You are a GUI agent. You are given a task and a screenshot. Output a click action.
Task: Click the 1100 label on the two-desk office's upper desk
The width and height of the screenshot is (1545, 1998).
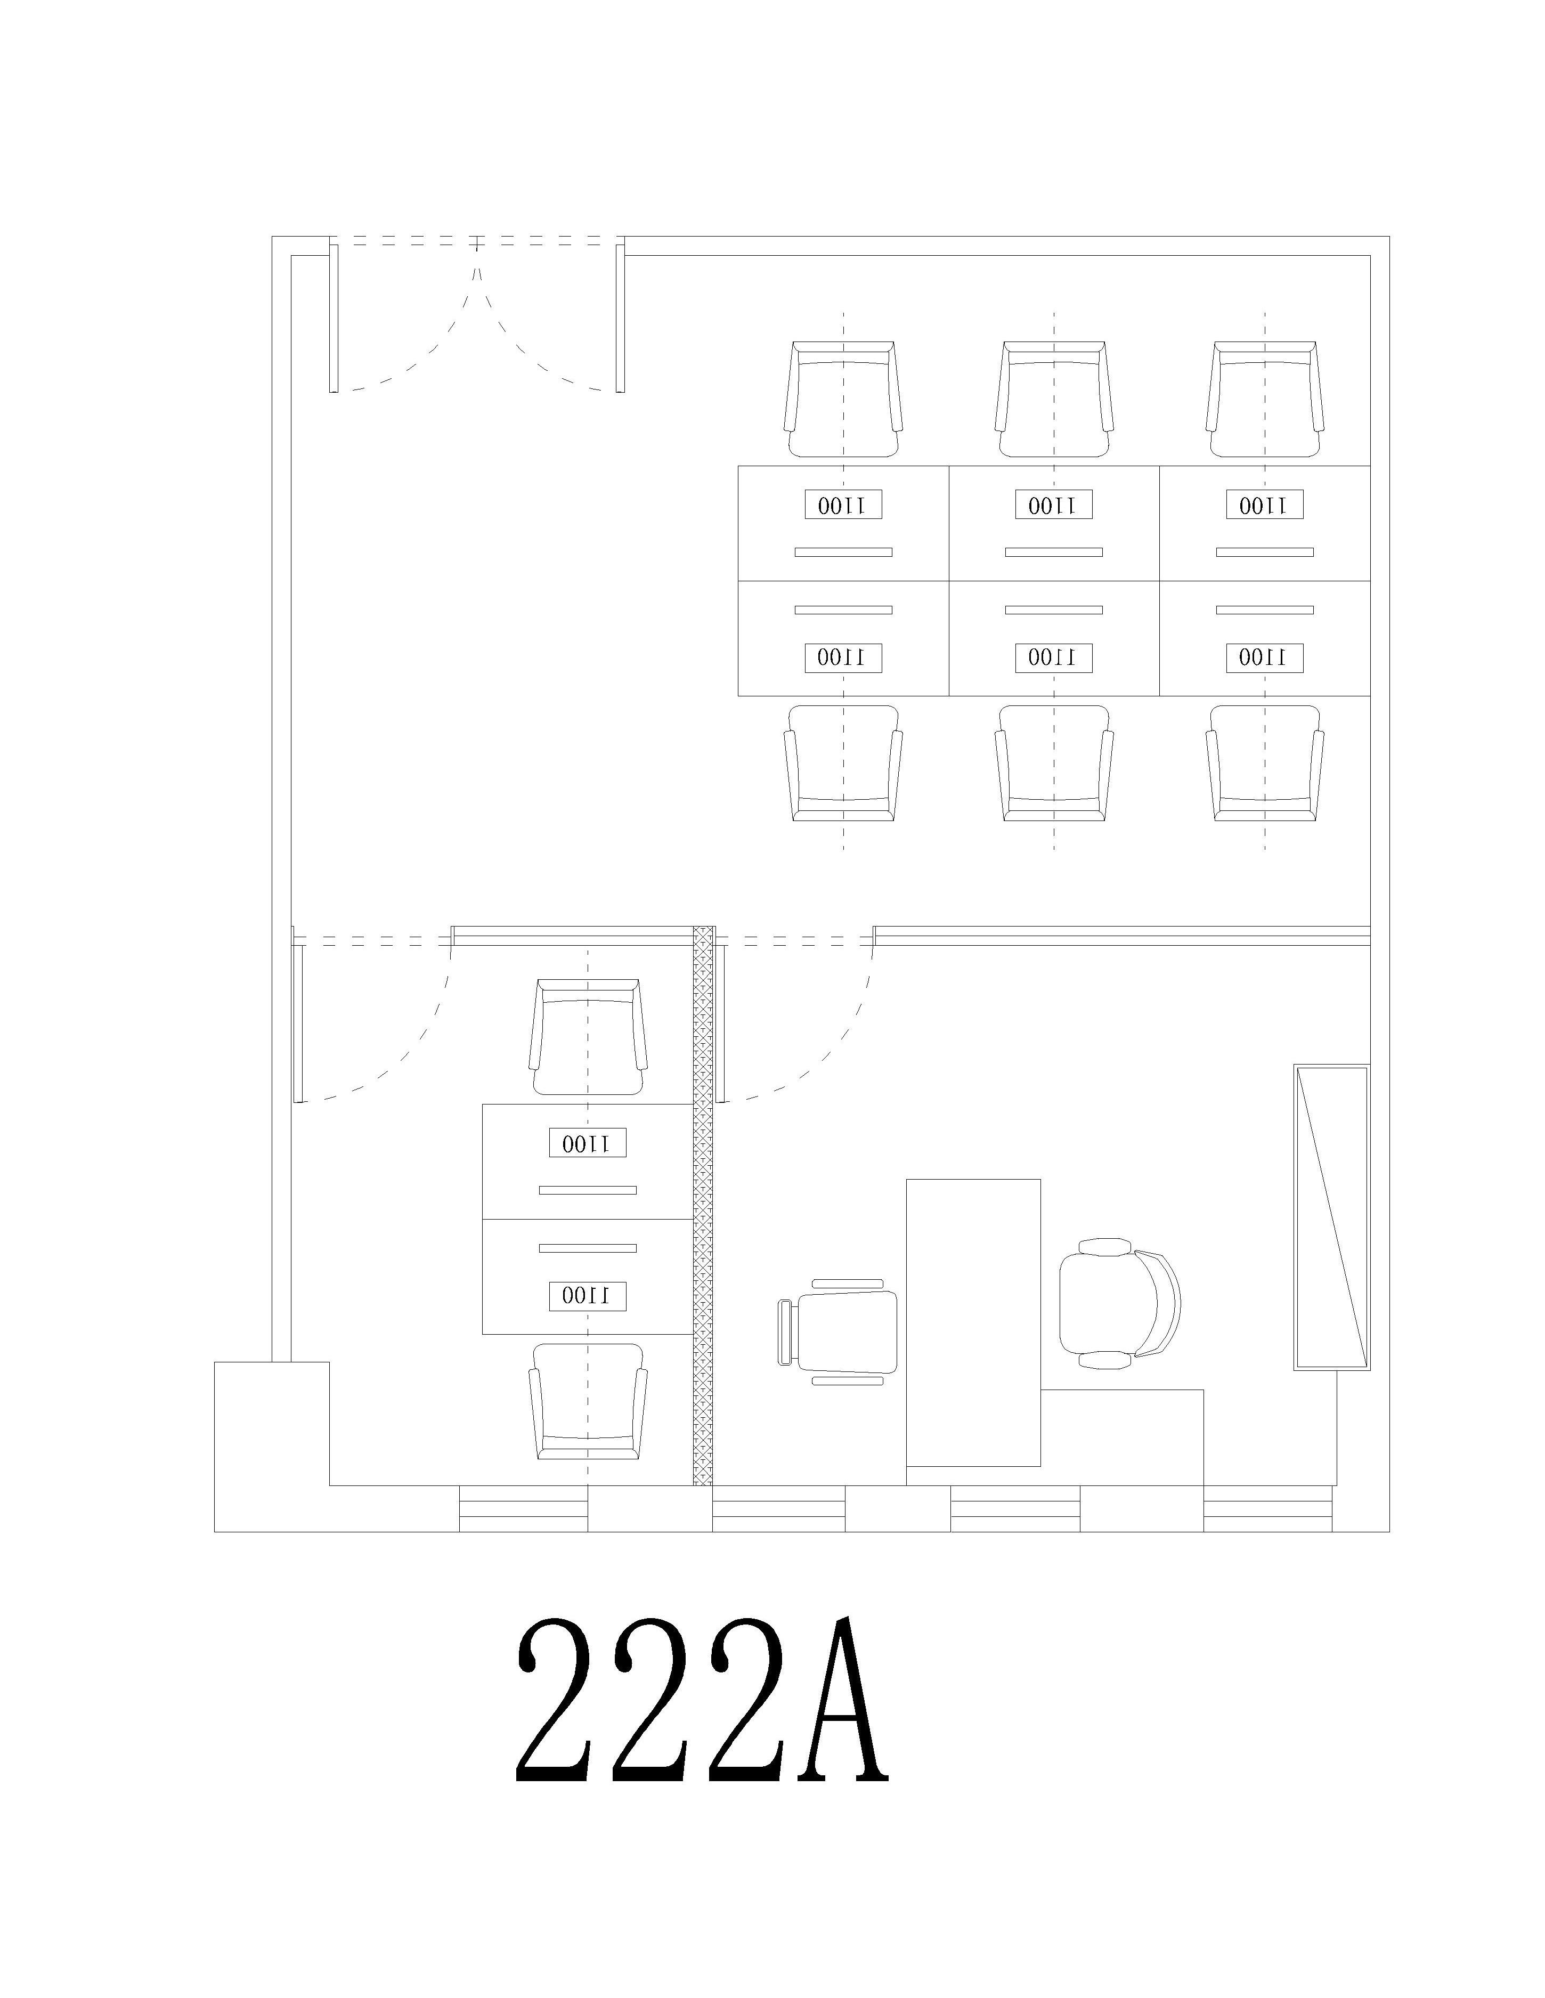pyautogui.click(x=587, y=1143)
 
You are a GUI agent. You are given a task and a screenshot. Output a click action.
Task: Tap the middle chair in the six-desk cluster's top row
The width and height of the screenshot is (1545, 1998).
pyautogui.click(x=1054, y=400)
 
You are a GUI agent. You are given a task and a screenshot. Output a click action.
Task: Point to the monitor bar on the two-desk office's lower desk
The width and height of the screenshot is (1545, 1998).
pyautogui.click(x=587, y=1248)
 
